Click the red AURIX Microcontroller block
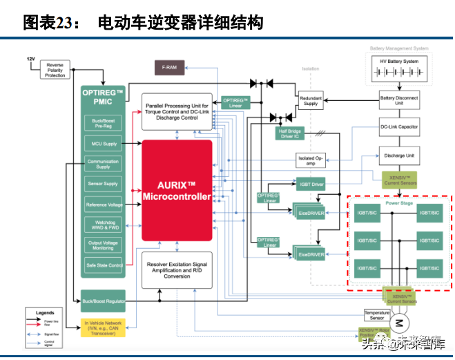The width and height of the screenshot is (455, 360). pos(176,190)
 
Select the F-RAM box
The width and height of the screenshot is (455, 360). pos(168,68)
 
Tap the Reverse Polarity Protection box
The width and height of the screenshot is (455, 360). pos(55,70)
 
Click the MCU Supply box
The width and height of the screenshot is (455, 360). pos(103,144)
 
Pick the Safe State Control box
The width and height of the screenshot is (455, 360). pos(103,265)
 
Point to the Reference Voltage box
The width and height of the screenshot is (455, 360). pos(103,205)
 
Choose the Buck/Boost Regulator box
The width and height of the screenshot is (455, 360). pos(103,301)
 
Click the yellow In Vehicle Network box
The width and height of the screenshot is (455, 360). pos(103,328)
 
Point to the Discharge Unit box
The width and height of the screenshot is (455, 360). pos(399,155)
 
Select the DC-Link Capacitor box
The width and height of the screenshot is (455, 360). pos(399,127)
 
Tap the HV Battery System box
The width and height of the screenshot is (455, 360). pos(399,64)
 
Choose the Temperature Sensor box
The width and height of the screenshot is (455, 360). pos(377,315)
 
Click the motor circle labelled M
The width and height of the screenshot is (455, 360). pos(398,323)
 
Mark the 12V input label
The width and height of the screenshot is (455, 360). pos(30,59)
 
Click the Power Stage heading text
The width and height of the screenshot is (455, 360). pos(398,204)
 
